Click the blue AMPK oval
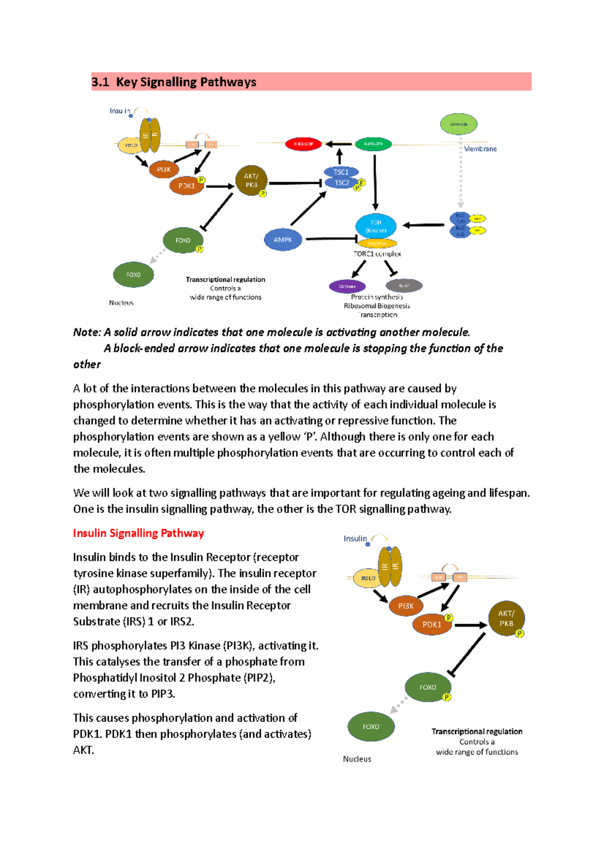pyautogui.click(x=283, y=239)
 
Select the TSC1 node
pyautogui.click(x=341, y=172)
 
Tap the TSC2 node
pyautogui.click(x=342, y=183)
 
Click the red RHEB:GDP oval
pyautogui.click(x=303, y=144)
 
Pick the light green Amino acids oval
pyautogui.click(x=459, y=124)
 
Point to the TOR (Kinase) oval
pyautogui.click(x=376, y=226)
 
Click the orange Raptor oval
pyautogui.click(x=377, y=244)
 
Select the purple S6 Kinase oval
pyautogui.click(x=347, y=286)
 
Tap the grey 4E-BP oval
pyautogui.click(x=404, y=286)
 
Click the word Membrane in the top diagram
pyautogui.click(x=480, y=149)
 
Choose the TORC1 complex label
pyautogui.click(x=377, y=254)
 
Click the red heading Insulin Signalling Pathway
pyautogui.click(x=138, y=533)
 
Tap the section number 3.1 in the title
pyautogui.click(x=100, y=82)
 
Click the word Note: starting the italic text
pyautogui.click(x=87, y=332)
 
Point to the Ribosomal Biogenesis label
pyautogui.click(x=376, y=306)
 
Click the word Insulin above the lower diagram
pyautogui.click(x=355, y=539)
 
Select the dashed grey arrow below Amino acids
pyautogui.click(x=460, y=176)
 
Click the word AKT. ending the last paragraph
pyautogui.click(x=84, y=750)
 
